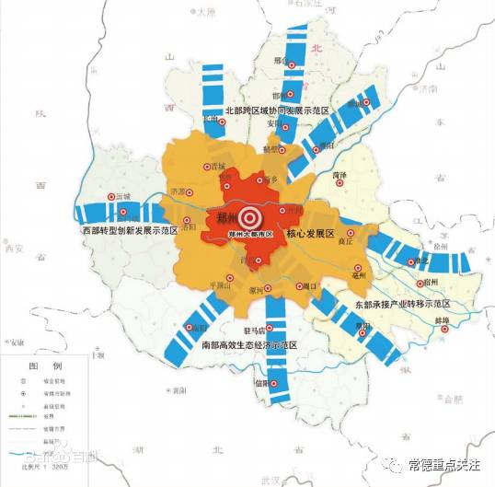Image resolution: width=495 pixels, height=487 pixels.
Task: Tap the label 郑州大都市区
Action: point(254,236)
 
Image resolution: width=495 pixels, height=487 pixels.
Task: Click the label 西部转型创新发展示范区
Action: point(129,229)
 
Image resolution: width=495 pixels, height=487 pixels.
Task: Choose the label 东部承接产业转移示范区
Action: point(402,303)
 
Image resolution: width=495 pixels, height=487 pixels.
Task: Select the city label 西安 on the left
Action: point(13,248)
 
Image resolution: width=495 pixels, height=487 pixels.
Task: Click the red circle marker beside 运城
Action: point(112,197)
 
